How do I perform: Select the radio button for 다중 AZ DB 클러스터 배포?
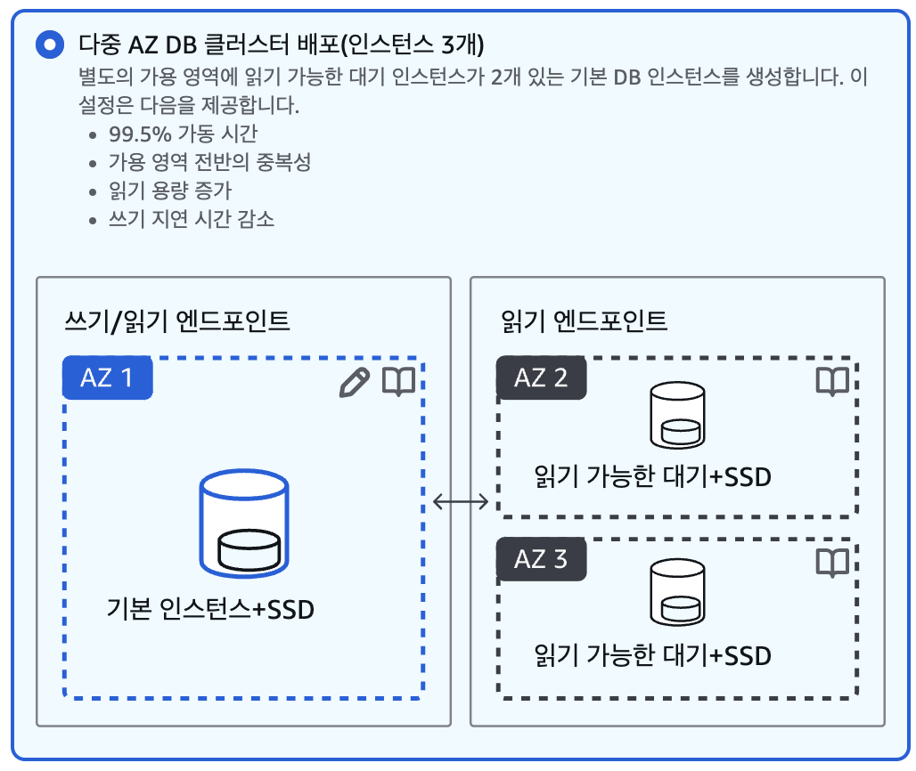49,45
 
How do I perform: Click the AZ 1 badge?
107,377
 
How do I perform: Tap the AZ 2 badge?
541,377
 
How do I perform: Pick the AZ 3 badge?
541,559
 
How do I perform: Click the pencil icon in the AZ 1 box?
354,382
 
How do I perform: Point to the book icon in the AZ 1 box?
398,382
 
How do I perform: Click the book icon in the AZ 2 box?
832,381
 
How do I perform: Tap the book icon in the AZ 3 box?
832,562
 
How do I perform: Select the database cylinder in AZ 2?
677,416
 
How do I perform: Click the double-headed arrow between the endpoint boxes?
461,502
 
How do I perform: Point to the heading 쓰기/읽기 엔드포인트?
177,321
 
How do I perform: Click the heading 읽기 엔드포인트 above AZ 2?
585,321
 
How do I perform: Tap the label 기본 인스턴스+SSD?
210,610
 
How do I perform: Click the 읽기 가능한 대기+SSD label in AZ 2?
652,477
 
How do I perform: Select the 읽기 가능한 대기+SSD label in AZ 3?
652,656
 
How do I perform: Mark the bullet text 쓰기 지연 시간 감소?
191,219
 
